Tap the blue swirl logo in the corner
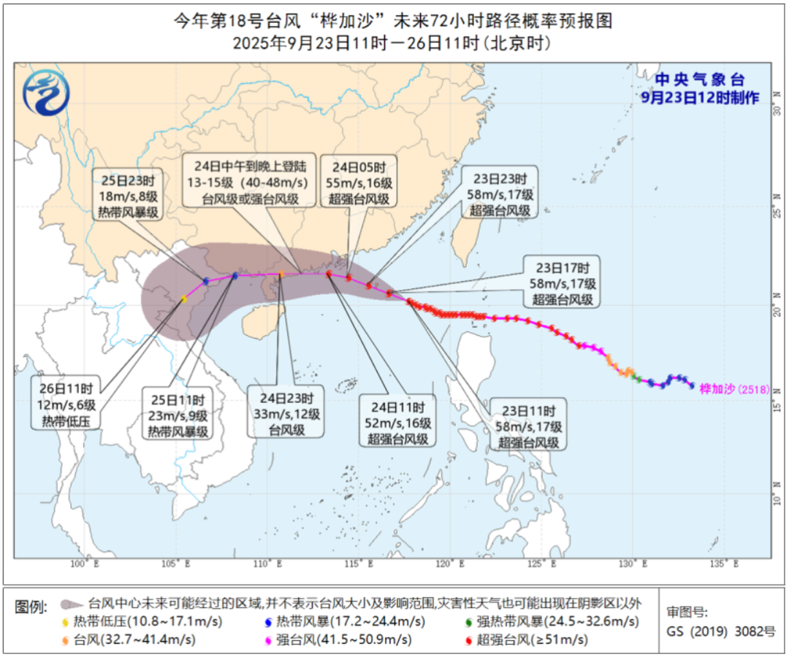click(46, 93)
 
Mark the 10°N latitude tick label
click(778, 499)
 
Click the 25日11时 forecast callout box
click(179, 415)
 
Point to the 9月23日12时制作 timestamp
click(699, 97)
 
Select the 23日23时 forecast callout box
click(499, 192)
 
